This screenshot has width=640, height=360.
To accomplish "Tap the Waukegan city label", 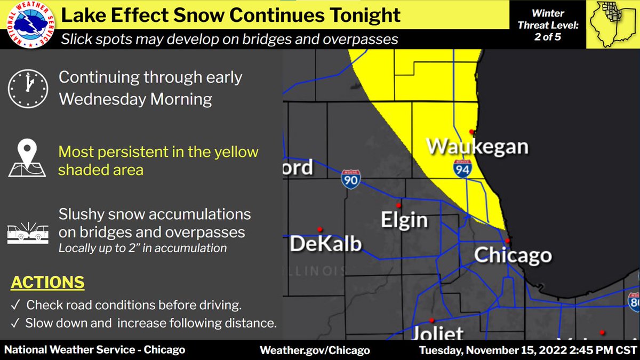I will [x=477, y=146].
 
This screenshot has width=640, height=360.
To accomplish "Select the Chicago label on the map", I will [x=513, y=255].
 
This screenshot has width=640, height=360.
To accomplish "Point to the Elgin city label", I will [x=404, y=219].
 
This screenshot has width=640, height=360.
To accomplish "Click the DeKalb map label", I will [x=325, y=243].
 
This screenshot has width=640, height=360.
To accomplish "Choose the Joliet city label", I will [x=438, y=333].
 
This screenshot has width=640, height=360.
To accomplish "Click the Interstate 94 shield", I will [x=462, y=168].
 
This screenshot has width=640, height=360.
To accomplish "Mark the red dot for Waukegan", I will [x=471, y=131].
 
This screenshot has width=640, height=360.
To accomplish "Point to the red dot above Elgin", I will [x=398, y=205].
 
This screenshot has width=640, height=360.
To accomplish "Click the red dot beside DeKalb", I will [x=319, y=229].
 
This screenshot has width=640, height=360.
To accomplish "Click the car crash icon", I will [x=27, y=233].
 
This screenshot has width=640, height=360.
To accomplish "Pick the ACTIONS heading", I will [x=47, y=282].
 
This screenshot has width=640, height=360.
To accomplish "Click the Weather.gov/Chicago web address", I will [x=314, y=350].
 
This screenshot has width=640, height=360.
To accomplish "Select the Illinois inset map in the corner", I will [x=612, y=24].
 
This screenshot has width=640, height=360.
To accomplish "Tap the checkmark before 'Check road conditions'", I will [x=14, y=306].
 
